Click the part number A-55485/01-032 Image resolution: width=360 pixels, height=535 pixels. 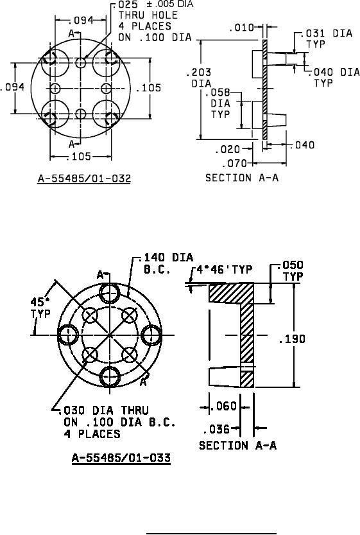point(84,178)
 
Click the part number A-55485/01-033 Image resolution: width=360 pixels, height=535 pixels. point(121,457)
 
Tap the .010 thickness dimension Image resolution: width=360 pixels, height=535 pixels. point(242,27)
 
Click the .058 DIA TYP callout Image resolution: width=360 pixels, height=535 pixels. point(221,103)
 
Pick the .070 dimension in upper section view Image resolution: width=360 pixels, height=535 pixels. point(234,164)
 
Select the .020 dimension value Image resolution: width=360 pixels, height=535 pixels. point(228,150)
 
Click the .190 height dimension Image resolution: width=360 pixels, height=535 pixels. point(292,339)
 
